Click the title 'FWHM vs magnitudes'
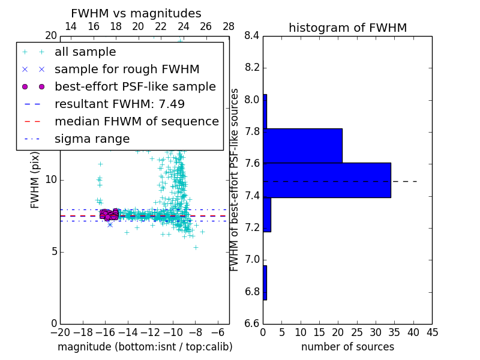pyautogui.click(x=136, y=13)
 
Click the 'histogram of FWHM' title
pyautogui.click(x=347, y=28)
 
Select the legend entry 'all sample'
pyautogui.click(x=85, y=52)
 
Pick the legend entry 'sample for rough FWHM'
pyautogui.click(x=127, y=69)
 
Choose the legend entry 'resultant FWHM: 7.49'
pyautogui.click(x=119, y=104)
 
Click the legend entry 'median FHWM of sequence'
pyautogui.click(x=136, y=121)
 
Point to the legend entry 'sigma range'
pyautogui.click(x=92, y=139)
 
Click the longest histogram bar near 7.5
pyautogui.click(x=327, y=180)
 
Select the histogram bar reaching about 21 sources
pyautogui.click(x=302, y=146)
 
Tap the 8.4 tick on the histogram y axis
pyautogui.click(x=252, y=36)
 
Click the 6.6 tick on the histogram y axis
pyautogui.click(x=252, y=323)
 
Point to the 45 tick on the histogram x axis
pyautogui.click(x=431, y=332)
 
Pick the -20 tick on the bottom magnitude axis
pyautogui.click(x=60, y=332)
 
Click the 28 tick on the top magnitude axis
pyautogui.click(x=229, y=26)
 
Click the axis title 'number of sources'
pyautogui.click(x=347, y=347)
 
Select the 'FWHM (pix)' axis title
pyautogui.click(x=35, y=180)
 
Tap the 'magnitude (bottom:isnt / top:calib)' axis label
pyautogui.click(x=145, y=347)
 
